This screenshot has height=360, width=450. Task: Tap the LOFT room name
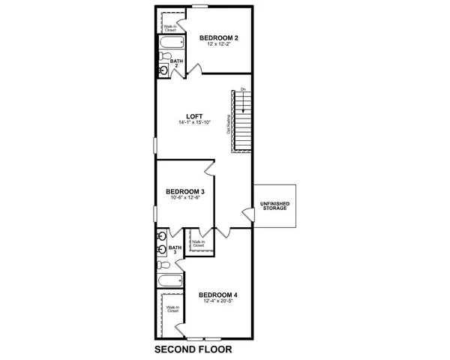[195, 115]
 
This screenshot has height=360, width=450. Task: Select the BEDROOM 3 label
[185, 191]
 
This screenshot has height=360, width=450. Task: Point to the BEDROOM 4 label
[219, 295]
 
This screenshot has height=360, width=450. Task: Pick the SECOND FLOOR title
[193, 349]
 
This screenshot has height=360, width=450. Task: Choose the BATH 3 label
[175, 250]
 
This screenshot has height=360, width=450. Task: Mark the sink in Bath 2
[164, 70]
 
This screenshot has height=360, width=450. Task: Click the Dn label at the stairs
[243, 91]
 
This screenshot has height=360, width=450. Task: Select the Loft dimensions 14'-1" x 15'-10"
[195, 122]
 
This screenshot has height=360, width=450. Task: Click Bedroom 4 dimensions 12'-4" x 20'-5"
[219, 301]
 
